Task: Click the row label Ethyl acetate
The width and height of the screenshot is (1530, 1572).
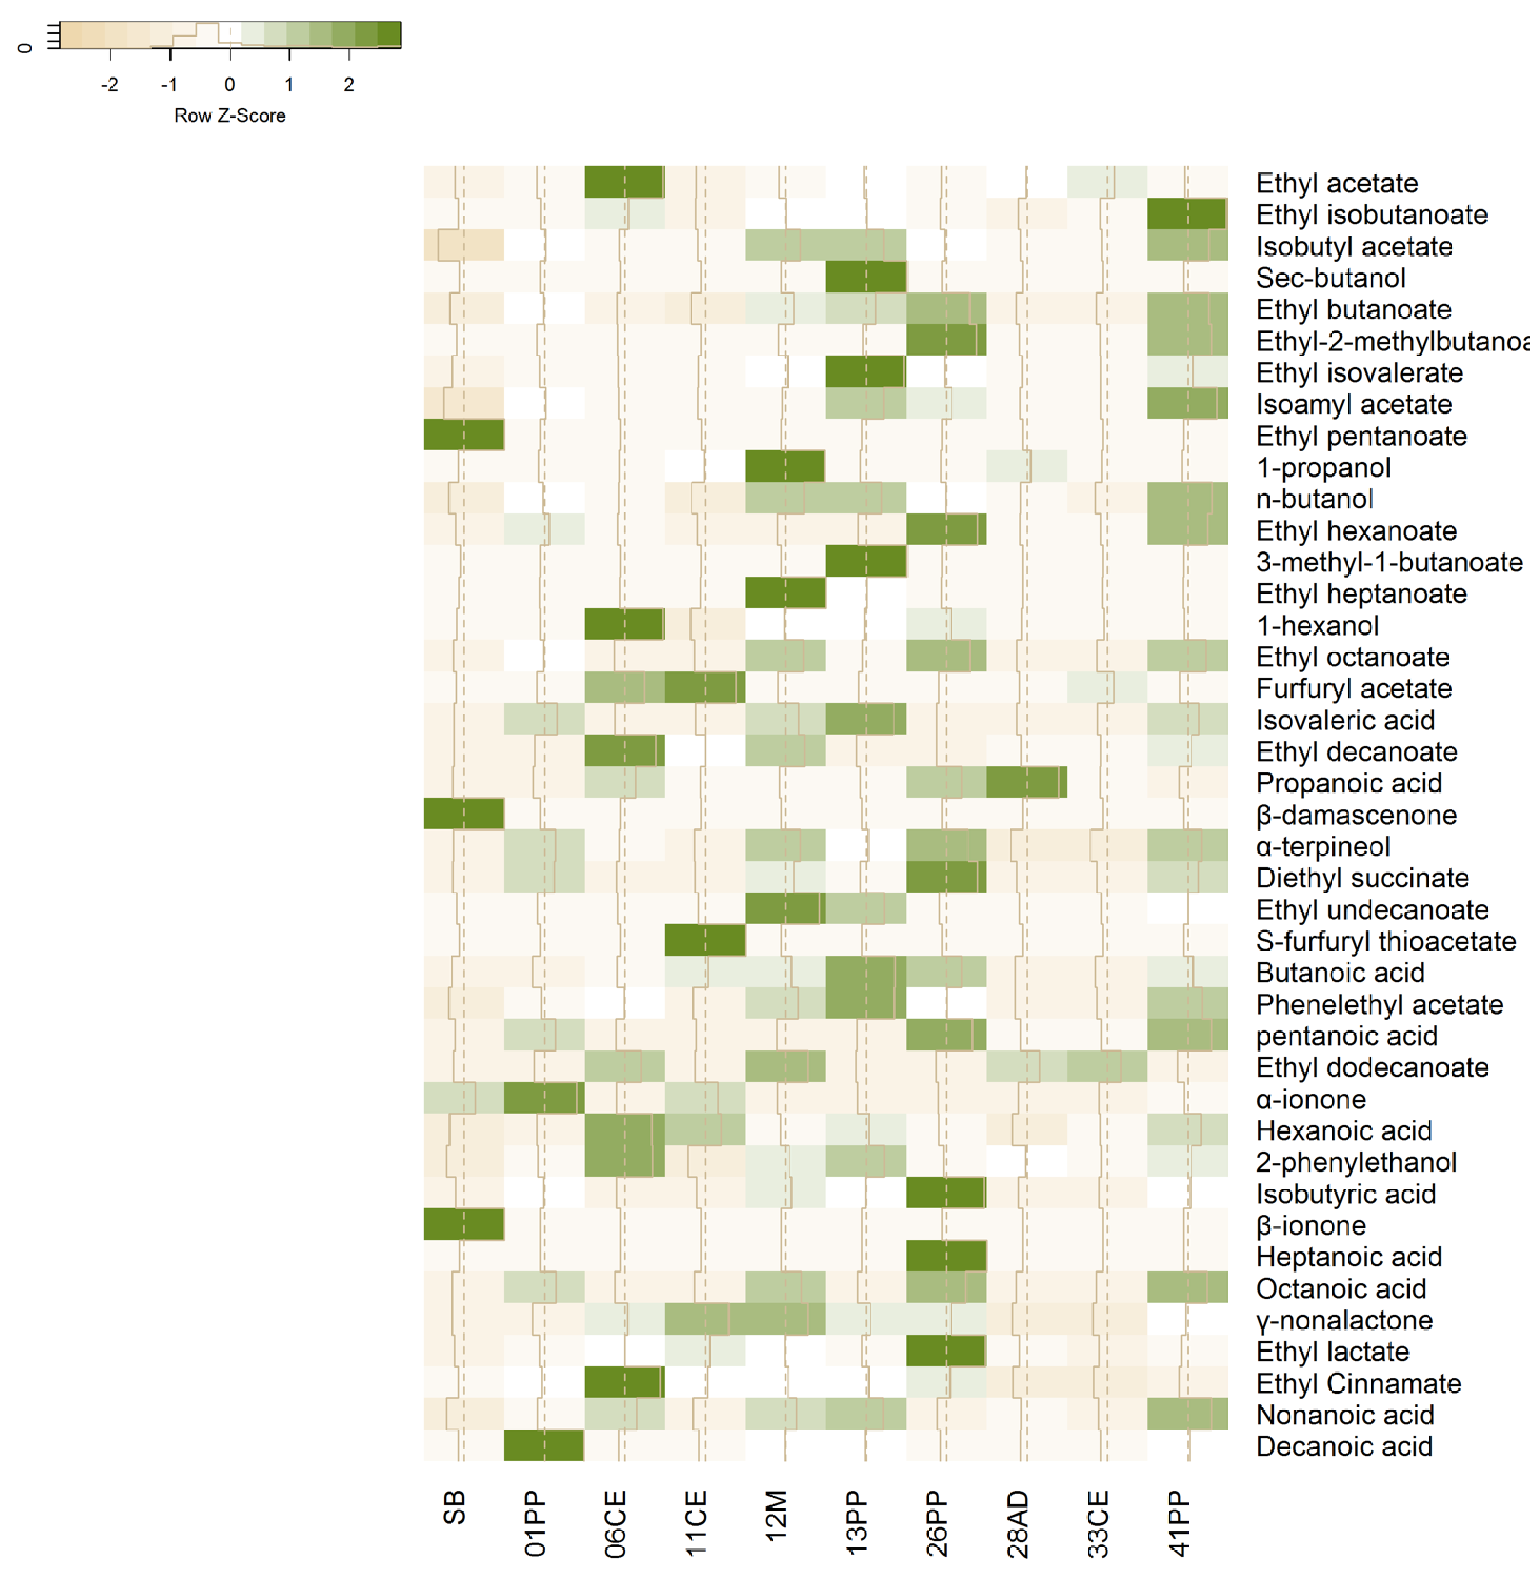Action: tap(1336, 183)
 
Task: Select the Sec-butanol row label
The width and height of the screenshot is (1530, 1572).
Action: tap(1331, 278)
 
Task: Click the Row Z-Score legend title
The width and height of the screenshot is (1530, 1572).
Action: tap(230, 116)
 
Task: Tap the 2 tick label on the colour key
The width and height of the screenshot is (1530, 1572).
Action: tap(349, 84)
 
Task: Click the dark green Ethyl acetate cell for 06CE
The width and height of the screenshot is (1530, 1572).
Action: tap(624, 182)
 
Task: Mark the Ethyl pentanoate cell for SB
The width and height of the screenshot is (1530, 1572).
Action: tap(464, 435)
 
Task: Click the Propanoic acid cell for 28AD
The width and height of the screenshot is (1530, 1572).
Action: tap(1026, 782)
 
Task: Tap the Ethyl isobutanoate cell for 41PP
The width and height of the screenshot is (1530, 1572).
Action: tap(1187, 214)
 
